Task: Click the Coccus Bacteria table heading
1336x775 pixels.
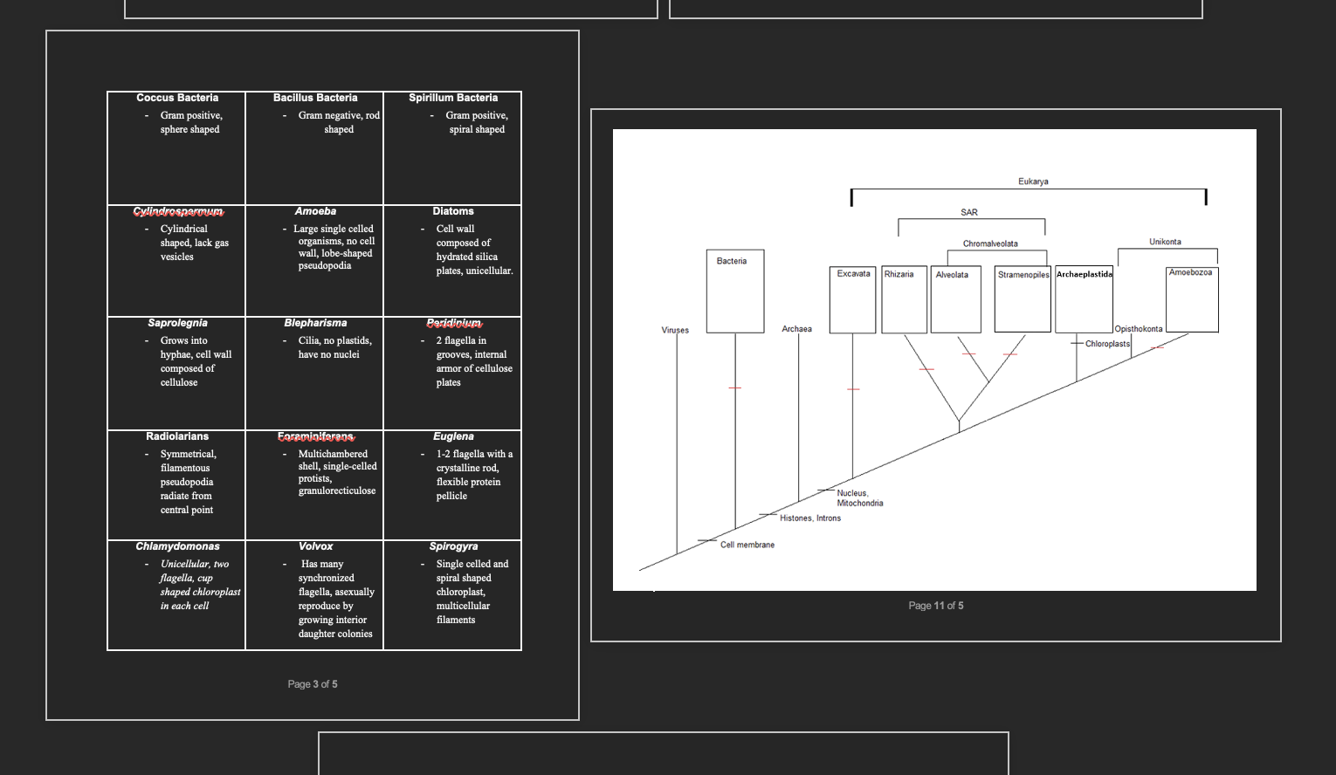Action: (177, 98)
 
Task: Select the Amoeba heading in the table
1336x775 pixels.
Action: (315, 211)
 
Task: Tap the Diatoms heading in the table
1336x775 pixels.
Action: (453, 211)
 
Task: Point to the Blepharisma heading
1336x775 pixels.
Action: (315, 323)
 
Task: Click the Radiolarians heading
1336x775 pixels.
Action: (177, 436)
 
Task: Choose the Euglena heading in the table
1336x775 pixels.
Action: (453, 436)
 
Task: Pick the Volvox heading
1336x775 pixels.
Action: (315, 546)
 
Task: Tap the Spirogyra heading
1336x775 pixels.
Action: (453, 546)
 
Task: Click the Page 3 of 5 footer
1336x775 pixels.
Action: (313, 684)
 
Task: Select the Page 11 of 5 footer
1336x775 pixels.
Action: (936, 606)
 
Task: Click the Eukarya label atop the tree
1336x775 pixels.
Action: (1033, 182)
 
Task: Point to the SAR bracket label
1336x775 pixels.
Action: (969, 212)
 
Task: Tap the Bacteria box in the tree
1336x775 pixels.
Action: (734, 291)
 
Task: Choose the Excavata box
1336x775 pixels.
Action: (852, 299)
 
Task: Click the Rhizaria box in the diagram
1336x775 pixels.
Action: (904, 299)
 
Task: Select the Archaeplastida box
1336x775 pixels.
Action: (1084, 299)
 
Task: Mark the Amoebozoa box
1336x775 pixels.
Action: (1192, 299)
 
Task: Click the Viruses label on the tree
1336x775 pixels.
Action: (675, 330)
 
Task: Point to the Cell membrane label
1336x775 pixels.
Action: (747, 545)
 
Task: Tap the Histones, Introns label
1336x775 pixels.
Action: (810, 518)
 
